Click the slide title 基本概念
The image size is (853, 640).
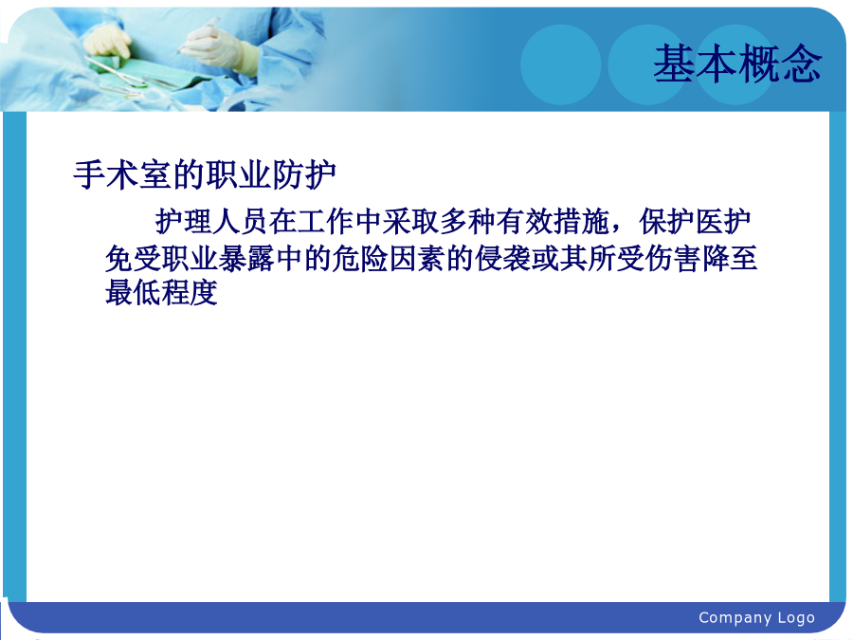(x=737, y=64)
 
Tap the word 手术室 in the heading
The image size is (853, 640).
(x=123, y=175)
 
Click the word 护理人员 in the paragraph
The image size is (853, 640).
(x=211, y=222)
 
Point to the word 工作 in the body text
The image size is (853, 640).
(x=325, y=222)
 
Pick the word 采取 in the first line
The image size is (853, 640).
(x=410, y=222)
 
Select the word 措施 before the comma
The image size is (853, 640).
(x=582, y=222)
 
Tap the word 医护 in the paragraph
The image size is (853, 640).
(x=723, y=222)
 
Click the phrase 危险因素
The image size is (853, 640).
(x=389, y=259)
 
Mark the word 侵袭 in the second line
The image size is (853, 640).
(x=502, y=259)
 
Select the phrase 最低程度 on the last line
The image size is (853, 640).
(x=161, y=293)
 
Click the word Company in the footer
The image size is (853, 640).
(x=734, y=618)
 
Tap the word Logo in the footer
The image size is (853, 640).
(x=796, y=618)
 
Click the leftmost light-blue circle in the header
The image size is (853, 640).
(x=561, y=64)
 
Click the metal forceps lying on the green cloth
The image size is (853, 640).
(x=116, y=71)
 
